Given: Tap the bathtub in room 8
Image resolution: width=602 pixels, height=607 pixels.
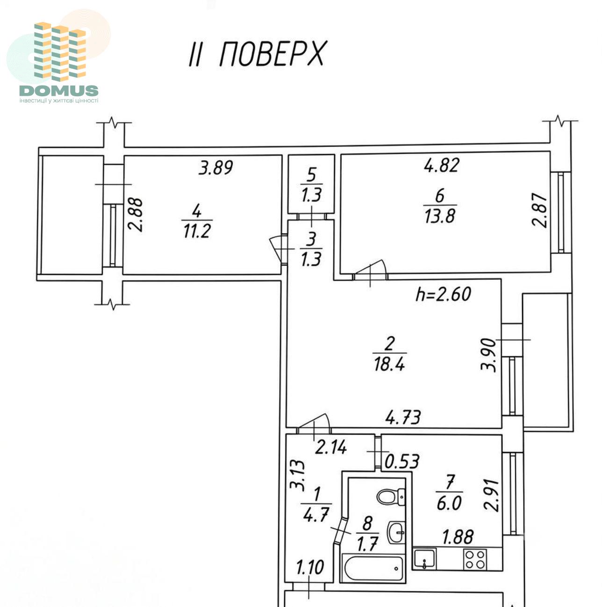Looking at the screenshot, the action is tap(373, 568).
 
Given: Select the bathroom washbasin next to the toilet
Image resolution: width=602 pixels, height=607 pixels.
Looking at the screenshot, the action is tap(395, 532).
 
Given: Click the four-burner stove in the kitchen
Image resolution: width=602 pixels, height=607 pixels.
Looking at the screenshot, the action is tap(475, 559).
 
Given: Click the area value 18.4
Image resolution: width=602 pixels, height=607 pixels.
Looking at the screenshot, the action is tap(389, 365).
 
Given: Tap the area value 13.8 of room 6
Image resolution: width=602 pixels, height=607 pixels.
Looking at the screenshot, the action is tap(440, 216).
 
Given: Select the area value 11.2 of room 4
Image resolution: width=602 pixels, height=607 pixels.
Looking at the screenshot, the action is tap(197, 231).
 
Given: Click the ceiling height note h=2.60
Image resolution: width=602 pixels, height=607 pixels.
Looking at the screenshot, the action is tap(443, 294).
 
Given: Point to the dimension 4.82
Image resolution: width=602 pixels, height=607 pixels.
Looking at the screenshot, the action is tap(442, 165).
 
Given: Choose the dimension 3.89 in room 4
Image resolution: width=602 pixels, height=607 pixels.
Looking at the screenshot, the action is tap(216, 168).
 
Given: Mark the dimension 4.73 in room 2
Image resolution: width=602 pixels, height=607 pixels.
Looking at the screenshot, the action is tap(403, 418).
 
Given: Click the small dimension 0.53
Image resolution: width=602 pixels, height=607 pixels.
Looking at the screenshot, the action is tap(402, 462).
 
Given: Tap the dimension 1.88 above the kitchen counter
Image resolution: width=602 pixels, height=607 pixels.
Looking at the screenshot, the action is tap(458, 537).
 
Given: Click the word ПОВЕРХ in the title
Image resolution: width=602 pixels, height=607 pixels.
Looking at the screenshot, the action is tap(272, 54).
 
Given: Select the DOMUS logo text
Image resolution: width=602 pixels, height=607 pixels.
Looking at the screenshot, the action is tap(59, 91).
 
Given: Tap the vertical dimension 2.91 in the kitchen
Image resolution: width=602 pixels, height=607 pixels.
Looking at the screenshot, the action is tap(491, 495).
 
